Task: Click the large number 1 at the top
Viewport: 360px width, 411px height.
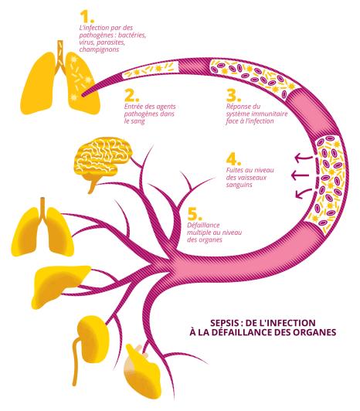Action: coord(87,17)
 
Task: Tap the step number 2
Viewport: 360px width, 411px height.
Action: coord(131,96)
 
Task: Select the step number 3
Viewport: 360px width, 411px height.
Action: coord(233,96)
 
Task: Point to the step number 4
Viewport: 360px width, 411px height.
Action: coord(233,159)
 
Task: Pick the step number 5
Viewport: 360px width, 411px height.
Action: coord(195,214)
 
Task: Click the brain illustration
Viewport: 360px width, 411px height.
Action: coord(103,161)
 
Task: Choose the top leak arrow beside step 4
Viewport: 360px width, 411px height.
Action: coord(304,158)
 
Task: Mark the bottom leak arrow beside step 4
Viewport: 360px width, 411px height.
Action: coord(304,193)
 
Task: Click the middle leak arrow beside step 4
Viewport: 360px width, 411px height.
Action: coord(302,175)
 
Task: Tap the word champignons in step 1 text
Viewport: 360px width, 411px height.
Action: coord(99,49)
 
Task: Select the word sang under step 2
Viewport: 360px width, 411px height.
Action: coord(138,122)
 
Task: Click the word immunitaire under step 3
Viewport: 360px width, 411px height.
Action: coord(270,114)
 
